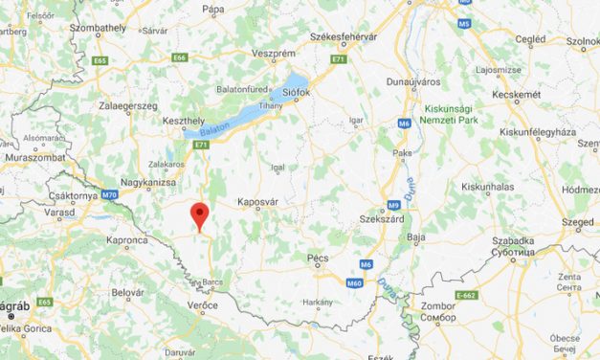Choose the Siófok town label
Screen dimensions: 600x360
coord(296,94)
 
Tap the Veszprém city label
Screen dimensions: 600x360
coord(273,55)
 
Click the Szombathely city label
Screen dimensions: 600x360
coord(100,29)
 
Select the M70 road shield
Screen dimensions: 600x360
coord(109,194)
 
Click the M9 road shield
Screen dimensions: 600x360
coord(394,205)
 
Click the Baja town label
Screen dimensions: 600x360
coord(416,236)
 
